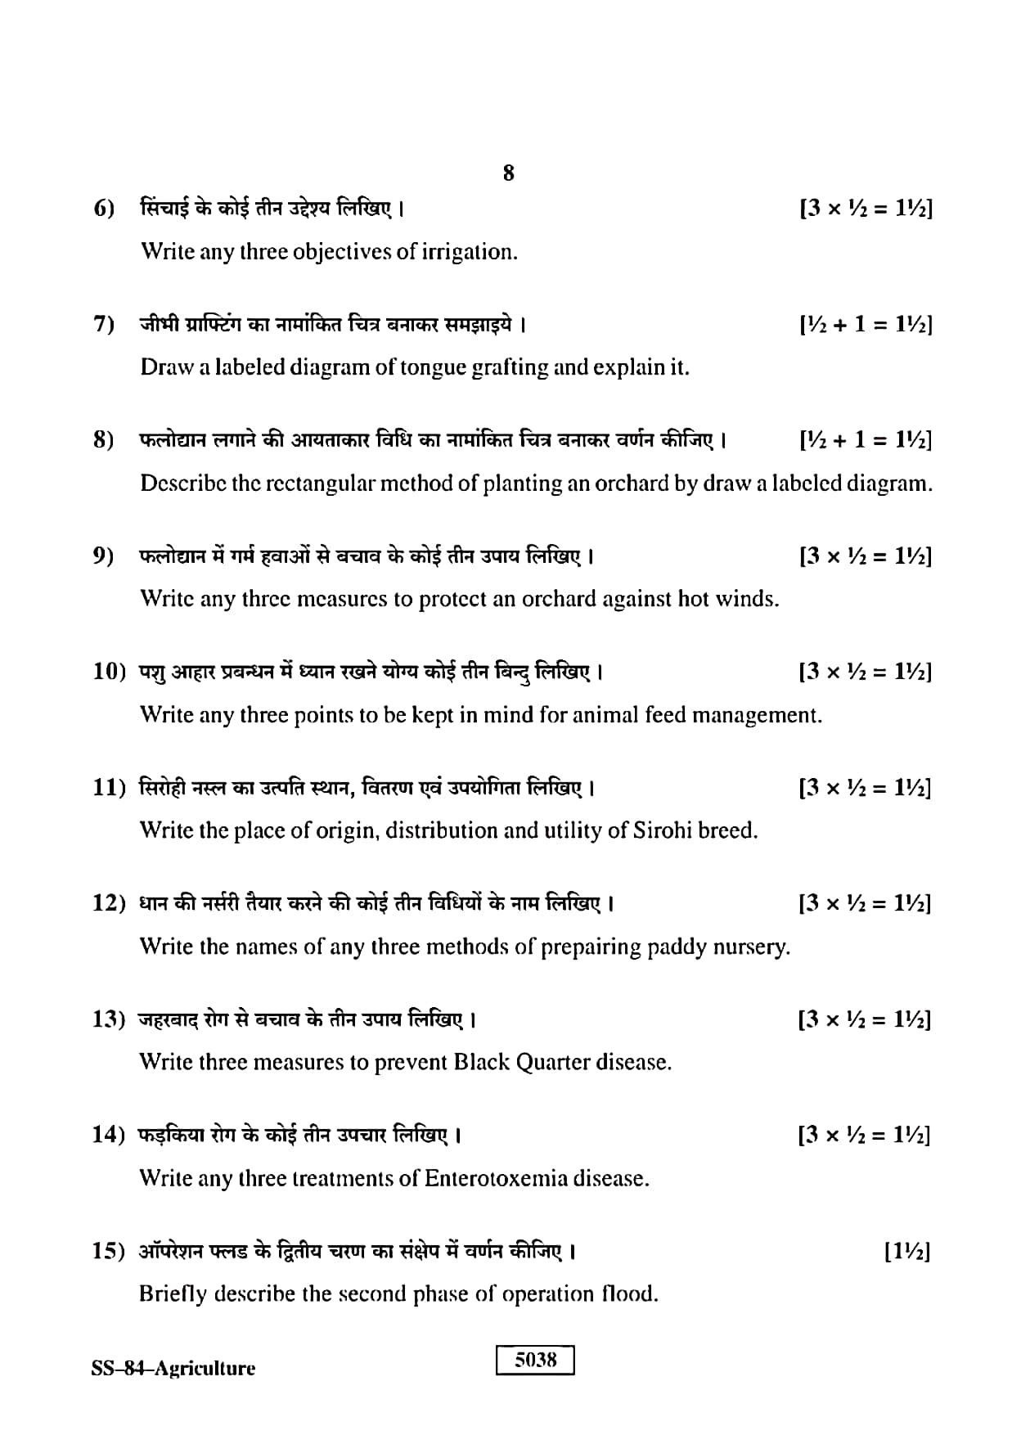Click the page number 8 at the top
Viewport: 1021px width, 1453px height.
pos(508,173)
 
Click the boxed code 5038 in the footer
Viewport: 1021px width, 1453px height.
pos(535,1360)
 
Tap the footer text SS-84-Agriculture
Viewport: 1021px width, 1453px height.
pos(173,1369)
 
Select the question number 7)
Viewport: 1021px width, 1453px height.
pos(104,325)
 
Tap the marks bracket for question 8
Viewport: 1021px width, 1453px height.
pos(866,441)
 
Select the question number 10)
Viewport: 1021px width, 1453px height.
pos(109,673)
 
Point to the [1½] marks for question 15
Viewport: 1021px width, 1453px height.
pos(907,1251)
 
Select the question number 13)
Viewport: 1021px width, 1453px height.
pos(109,1019)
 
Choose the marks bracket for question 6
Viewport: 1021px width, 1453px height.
pos(866,209)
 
